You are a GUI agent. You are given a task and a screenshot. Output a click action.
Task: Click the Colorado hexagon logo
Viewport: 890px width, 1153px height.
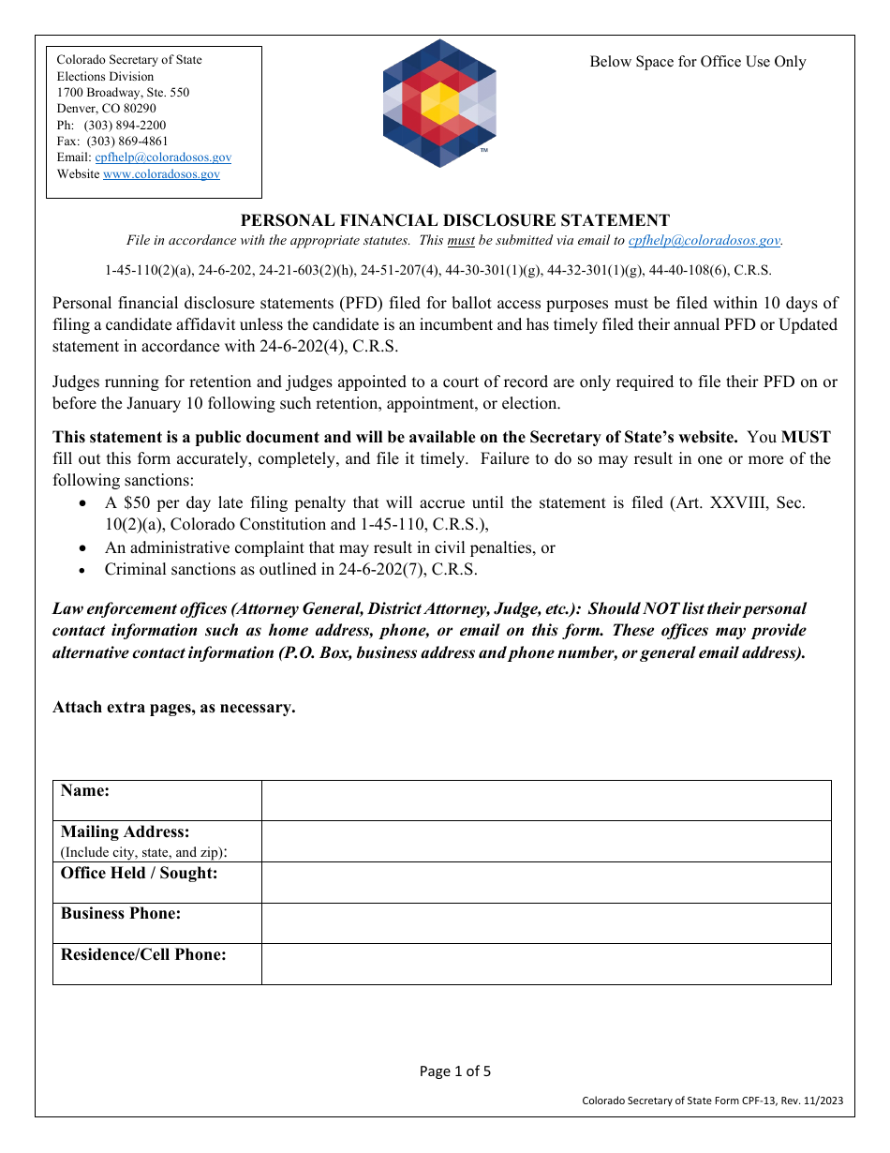(x=439, y=103)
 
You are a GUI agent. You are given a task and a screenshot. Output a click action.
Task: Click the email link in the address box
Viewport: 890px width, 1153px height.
(x=163, y=157)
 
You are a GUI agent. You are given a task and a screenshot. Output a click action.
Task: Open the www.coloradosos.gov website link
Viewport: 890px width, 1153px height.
(x=161, y=174)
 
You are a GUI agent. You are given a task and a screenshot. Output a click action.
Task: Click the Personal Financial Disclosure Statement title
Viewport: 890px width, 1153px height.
(x=455, y=220)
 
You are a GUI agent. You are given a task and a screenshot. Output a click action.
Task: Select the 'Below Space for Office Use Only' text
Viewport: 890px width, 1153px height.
(x=697, y=62)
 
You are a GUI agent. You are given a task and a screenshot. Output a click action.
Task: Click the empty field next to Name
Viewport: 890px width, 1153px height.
(x=545, y=801)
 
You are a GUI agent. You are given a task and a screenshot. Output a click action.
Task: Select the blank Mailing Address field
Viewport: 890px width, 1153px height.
(x=545, y=842)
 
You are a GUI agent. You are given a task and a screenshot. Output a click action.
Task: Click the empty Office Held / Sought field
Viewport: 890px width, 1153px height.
(x=545, y=883)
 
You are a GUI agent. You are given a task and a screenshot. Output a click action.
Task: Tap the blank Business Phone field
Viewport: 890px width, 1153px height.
(x=545, y=923)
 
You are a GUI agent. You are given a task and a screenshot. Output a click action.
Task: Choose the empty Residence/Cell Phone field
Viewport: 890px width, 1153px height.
(x=545, y=964)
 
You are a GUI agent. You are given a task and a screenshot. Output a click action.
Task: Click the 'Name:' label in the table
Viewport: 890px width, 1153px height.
(x=85, y=791)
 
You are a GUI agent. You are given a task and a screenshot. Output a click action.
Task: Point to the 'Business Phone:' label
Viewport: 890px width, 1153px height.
(x=121, y=914)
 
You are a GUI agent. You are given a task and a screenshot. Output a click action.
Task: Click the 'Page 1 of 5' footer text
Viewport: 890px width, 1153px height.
(x=455, y=1071)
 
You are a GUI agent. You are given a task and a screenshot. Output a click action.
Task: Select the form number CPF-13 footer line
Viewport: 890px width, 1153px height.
(x=712, y=1101)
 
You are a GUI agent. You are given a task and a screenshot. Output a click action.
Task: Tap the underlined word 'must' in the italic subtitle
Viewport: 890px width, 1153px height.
(x=461, y=241)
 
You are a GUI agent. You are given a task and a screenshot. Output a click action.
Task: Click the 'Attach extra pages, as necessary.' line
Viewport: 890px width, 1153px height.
(x=174, y=708)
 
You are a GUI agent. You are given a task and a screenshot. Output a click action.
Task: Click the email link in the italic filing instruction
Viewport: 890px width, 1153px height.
(x=704, y=241)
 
